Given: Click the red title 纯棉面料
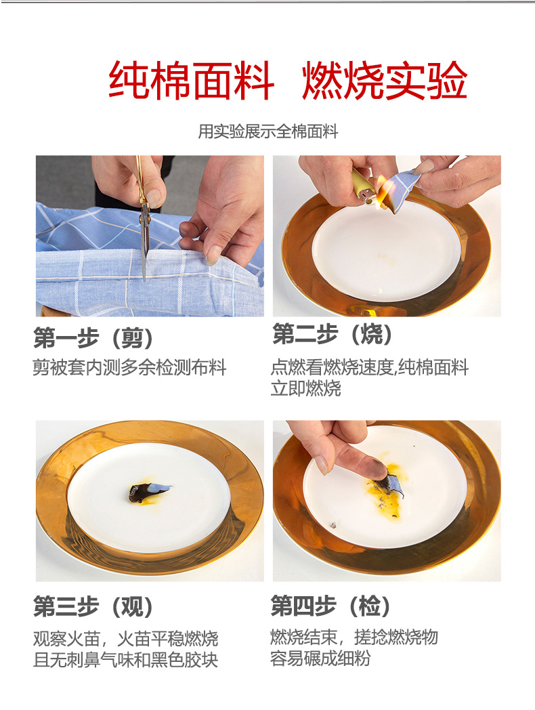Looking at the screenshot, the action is point(191,81).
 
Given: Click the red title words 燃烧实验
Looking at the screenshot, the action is point(384,81).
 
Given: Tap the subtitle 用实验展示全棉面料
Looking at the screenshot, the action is point(268,131).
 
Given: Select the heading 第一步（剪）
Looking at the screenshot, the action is point(93,338).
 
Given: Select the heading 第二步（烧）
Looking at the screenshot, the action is point(333,334).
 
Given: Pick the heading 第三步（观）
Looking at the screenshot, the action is point(93,606).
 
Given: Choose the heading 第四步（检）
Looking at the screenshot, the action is point(330,606).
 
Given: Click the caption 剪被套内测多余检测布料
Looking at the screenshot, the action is point(129,367).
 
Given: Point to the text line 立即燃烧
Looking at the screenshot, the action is point(306,388).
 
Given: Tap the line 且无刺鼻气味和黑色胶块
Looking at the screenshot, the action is point(126,660).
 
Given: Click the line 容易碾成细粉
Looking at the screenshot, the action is point(320,658).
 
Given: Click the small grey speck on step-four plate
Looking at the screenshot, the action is point(334,525).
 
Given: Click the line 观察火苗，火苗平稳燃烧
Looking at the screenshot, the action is point(126,639).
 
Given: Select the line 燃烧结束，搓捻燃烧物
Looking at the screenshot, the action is point(354,637).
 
